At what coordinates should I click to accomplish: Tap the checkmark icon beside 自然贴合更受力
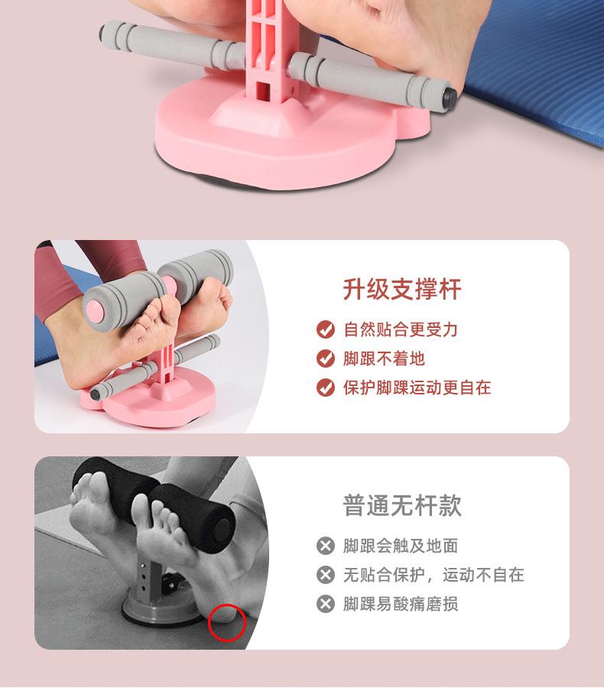tap(326, 329)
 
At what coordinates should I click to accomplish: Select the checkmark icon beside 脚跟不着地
tap(326, 358)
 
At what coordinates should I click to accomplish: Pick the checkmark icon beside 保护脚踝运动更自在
tap(326, 388)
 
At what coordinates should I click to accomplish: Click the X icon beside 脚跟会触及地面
tap(326, 546)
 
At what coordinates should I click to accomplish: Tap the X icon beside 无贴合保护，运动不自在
tap(326, 575)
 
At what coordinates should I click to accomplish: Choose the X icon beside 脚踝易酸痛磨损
tap(326, 604)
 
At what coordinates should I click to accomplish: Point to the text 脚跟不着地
tap(384, 358)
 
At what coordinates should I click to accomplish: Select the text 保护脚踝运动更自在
tap(417, 388)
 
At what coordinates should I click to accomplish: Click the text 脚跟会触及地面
tap(401, 546)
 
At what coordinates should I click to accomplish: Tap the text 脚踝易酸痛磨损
tap(401, 604)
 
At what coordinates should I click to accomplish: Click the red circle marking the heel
tap(226, 621)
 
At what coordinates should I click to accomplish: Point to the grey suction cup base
tap(145, 612)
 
